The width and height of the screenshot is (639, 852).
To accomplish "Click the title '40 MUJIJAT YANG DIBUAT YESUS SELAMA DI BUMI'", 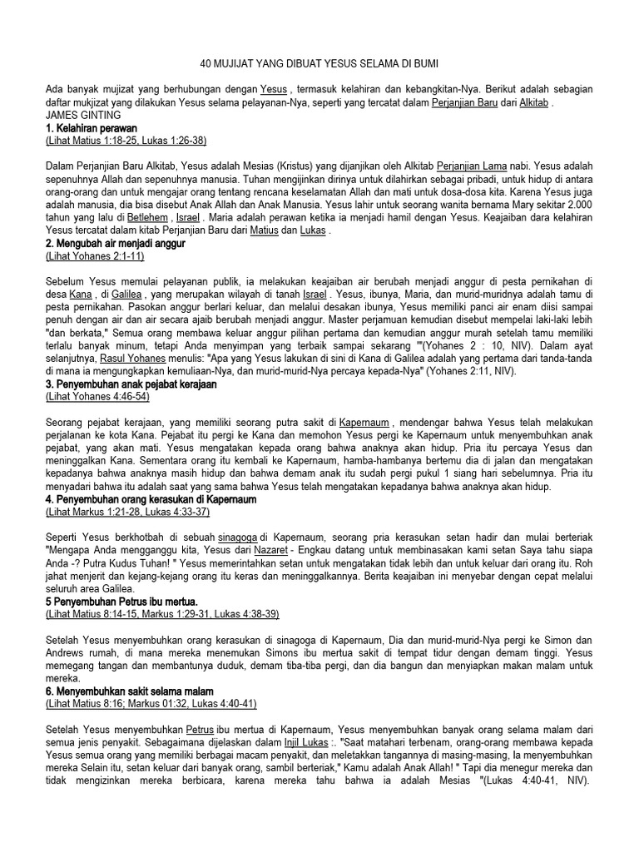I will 319,63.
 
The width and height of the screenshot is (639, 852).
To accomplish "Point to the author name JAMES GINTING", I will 84,114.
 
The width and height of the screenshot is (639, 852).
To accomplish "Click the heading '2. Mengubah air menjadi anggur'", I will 115,243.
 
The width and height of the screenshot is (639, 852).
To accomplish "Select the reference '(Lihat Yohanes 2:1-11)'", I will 95,256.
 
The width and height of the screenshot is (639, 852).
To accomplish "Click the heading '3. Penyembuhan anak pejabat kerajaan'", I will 130,384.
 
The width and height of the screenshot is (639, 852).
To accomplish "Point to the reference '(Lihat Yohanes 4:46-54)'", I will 97,398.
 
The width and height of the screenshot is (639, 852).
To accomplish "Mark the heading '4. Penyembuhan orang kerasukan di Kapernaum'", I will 151,500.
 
